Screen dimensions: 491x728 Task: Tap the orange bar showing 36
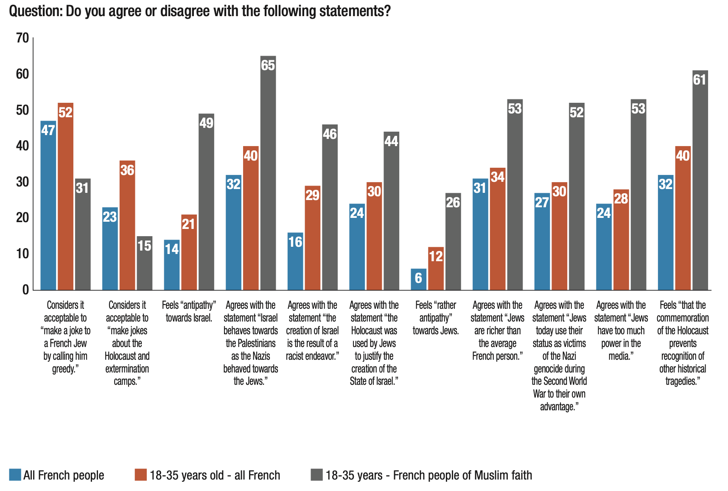(127, 225)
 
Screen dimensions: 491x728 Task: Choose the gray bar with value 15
(144, 263)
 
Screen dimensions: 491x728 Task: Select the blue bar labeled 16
(295, 261)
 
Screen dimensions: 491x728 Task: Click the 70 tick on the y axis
(22, 38)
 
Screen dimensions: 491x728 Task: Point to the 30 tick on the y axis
(22, 182)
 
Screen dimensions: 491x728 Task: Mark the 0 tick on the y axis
(25, 290)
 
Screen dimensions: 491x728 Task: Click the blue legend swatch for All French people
(15, 474)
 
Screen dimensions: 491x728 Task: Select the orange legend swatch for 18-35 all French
(141, 474)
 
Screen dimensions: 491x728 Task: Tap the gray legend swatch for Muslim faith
(316, 474)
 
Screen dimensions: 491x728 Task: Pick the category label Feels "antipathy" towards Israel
(189, 311)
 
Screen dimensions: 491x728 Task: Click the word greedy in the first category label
(64, 369)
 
